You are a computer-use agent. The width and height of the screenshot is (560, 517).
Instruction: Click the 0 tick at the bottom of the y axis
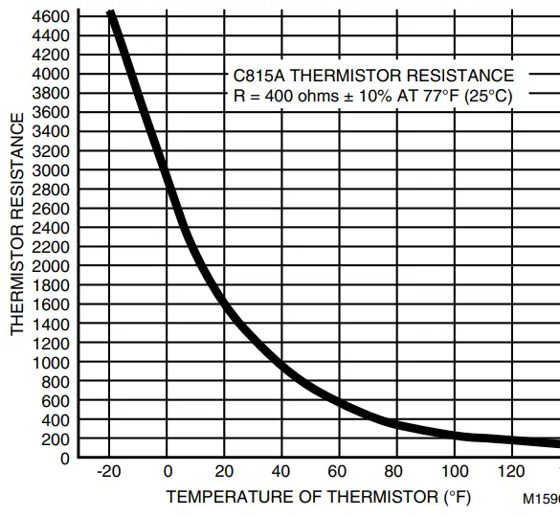click(x=65, y=459)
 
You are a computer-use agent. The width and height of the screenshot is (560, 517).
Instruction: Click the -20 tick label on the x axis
click(x=110, y=472)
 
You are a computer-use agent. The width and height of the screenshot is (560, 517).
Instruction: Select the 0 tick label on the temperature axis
click(x=168, y=472)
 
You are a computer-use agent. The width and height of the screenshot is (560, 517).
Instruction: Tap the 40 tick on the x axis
click(x=282, y=472)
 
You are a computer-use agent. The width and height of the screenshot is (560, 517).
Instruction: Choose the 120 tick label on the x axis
click(x=512, y=472)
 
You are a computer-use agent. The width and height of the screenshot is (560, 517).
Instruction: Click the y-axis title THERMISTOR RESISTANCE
click(x=17, y=224)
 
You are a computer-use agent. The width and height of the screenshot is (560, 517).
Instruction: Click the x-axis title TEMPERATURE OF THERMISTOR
click(x=303, y=498)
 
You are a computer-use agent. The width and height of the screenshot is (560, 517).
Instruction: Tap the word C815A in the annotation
click(x=255, y=76)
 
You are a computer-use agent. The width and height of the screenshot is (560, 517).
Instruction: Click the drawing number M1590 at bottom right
click(x=541, y=499)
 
